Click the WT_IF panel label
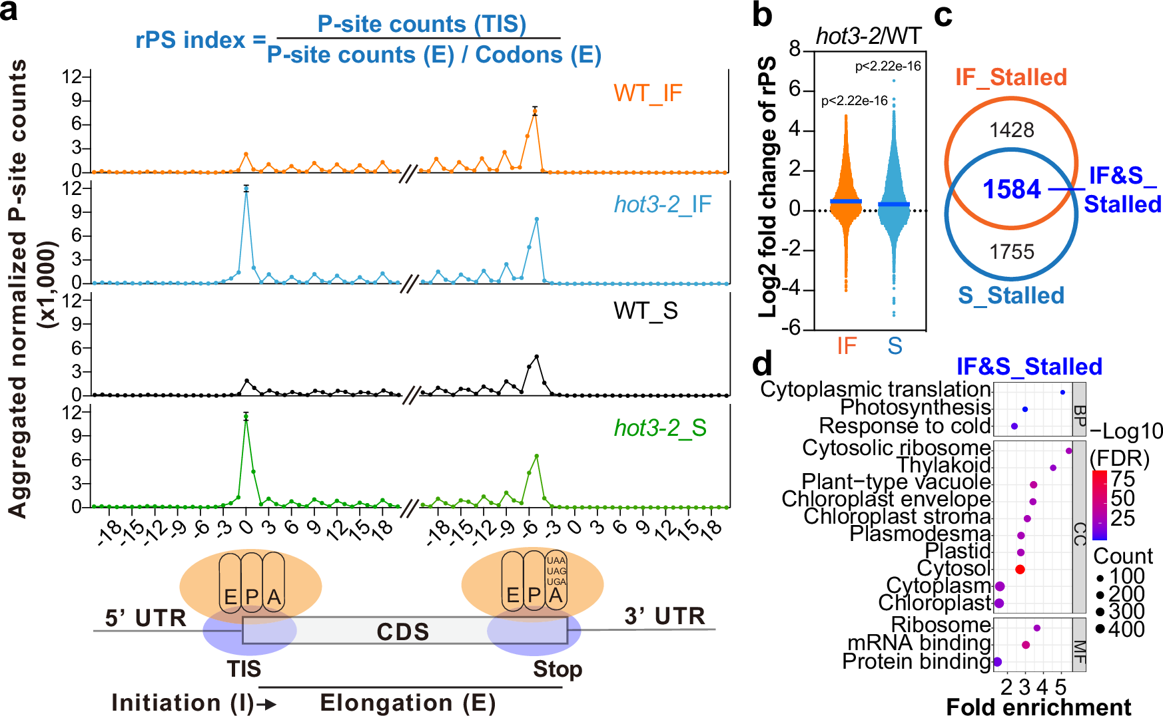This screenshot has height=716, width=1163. tap(647, 93)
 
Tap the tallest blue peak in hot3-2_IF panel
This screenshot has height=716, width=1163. tap(246, 190)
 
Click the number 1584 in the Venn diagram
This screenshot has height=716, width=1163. tap(1011, 190)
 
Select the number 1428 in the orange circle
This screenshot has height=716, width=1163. tap(1011, 130)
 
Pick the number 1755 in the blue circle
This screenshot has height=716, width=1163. tap(1011, 252)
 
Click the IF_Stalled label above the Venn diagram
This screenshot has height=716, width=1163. tap(1010, 77)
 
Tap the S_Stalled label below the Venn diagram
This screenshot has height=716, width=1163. tap(1010, 295)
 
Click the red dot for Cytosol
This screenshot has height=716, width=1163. tap(1020, 569)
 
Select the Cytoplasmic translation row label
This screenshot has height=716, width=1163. tap(875, 389)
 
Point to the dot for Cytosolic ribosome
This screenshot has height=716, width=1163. tap(1069, 451)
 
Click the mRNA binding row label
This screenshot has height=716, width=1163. tap(919, 643)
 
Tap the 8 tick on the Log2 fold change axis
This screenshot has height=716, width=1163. tap(795, 49)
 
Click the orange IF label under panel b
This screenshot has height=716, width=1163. tap(847, 346)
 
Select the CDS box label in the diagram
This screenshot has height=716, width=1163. tap(402, 631)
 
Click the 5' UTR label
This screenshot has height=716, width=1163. tap(145, 618)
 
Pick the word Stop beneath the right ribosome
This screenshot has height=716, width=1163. tap(558, 669)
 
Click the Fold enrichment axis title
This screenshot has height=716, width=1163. tap(1038, 707)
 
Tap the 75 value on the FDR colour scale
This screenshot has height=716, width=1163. tap(1122, 479)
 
